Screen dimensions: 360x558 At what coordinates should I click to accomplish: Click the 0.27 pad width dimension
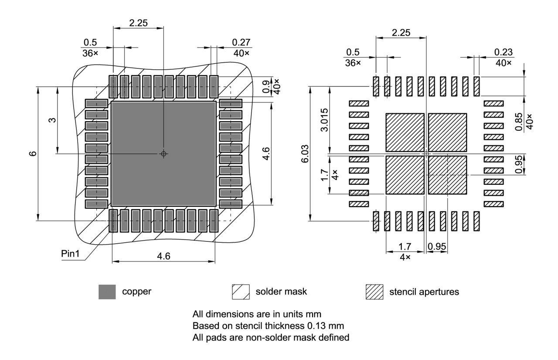242,42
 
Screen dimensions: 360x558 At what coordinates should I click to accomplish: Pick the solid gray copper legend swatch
107,292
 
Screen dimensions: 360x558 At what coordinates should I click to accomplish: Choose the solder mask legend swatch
241,292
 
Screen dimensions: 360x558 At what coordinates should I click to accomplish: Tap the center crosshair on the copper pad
163,153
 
